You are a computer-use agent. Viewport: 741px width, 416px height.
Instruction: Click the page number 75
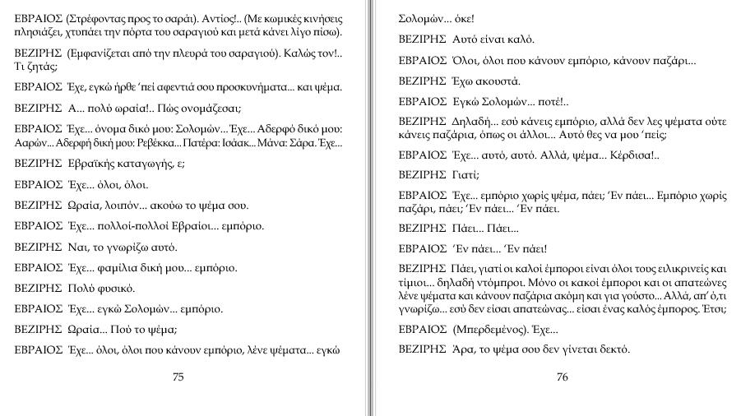coord(178,377)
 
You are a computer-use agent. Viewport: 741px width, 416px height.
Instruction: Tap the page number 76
coord(563,377)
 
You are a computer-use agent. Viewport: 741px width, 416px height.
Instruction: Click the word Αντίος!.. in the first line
coord(210,17)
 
